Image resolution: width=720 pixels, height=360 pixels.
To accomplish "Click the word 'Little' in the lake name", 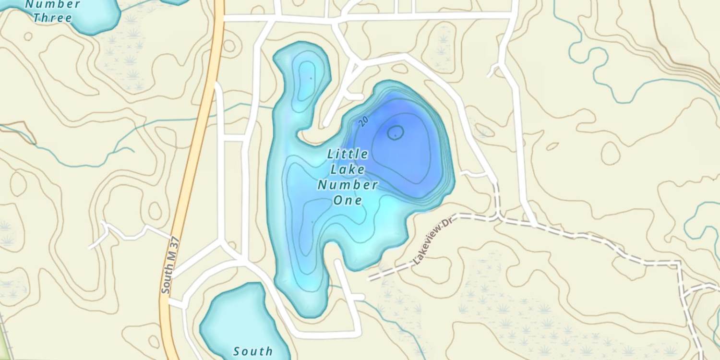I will click(x=348, y=154).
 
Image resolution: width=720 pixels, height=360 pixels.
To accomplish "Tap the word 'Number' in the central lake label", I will click(x=348, y=185).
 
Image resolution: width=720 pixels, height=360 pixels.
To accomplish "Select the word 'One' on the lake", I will click(x=348, y=200).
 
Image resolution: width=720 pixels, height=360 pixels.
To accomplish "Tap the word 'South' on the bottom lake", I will click(x=253, y=351).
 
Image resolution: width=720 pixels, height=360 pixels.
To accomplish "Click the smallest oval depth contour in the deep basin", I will click(x=395, y=132).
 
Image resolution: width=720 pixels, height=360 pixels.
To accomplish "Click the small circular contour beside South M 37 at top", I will click(x=229, y=46).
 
